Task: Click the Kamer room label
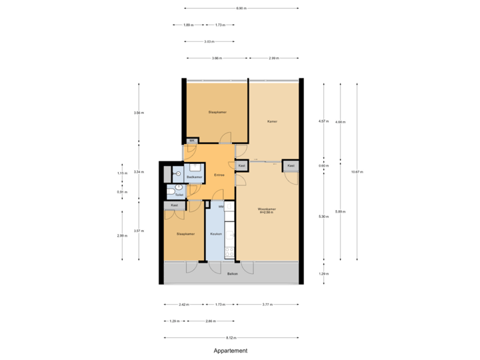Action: [272, 121]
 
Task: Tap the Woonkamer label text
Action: [267, 210]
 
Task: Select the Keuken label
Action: [215, 234]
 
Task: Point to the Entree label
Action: [219, 175]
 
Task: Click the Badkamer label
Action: [194, 177]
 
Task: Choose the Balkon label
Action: [233, 274]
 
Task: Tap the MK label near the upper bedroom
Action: [192, 141]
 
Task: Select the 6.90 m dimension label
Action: [241, 9]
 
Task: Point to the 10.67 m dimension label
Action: [357, 172]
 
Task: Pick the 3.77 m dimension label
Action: [266, 304]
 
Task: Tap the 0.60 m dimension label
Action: [323, 165]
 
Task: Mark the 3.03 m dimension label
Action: [209, 41]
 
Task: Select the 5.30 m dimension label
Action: [323, 216]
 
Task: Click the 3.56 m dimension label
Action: [138, 113]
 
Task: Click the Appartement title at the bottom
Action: [231, 351]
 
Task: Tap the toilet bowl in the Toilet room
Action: [171, 192]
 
